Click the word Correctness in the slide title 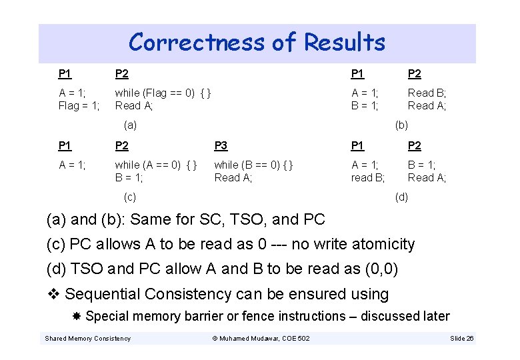coord(197,43)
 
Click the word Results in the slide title coord(345,43)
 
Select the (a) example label coord(131,125)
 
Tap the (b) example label coord(401,125)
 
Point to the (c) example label coord(131,197)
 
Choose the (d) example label coord(401,197)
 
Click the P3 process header coord(221,146)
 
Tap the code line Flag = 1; coord(79,105)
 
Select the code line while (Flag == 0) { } coord(163,93)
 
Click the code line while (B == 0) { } coord(253,165)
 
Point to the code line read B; coord(368,177)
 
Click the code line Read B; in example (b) coord(427,93)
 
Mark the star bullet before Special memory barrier coord(77,316)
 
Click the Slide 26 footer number coord(461,339)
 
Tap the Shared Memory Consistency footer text coord(87,339)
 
